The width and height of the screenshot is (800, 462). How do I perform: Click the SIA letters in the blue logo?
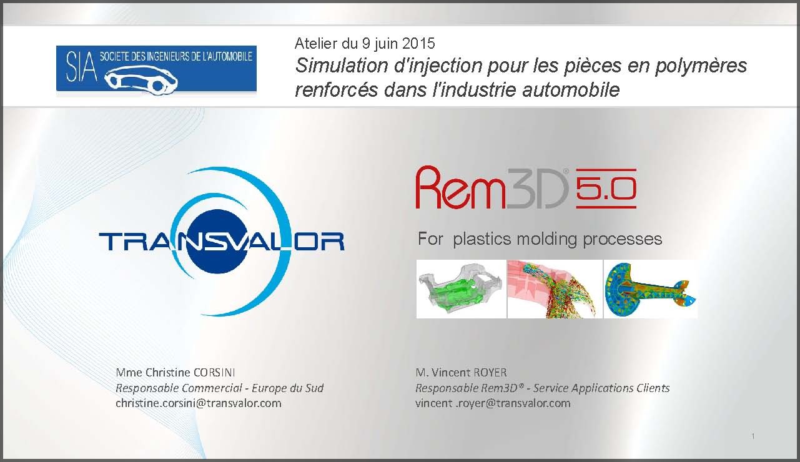click(x=81, y=66)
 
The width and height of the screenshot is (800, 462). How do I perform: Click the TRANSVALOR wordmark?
click(x=222, y=242)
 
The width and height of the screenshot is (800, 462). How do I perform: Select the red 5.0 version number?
click(x=606, y=189)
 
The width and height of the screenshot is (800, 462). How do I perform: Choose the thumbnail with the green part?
click(x=461, y=289)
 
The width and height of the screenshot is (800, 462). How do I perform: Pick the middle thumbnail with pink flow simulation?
click(x=555, y=289)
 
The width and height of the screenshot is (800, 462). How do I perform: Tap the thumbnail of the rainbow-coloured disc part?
click(x=650, y=289)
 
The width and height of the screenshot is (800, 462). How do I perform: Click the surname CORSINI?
click(x=214, y=372)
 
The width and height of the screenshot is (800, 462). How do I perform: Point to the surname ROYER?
click(x=490, y=372)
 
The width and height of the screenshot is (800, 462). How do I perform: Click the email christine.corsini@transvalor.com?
click(x=198, y=403)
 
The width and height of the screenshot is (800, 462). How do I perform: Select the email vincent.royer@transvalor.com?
click(x=493, y=403)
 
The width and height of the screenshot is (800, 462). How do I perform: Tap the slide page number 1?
click(x=753, y=436)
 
